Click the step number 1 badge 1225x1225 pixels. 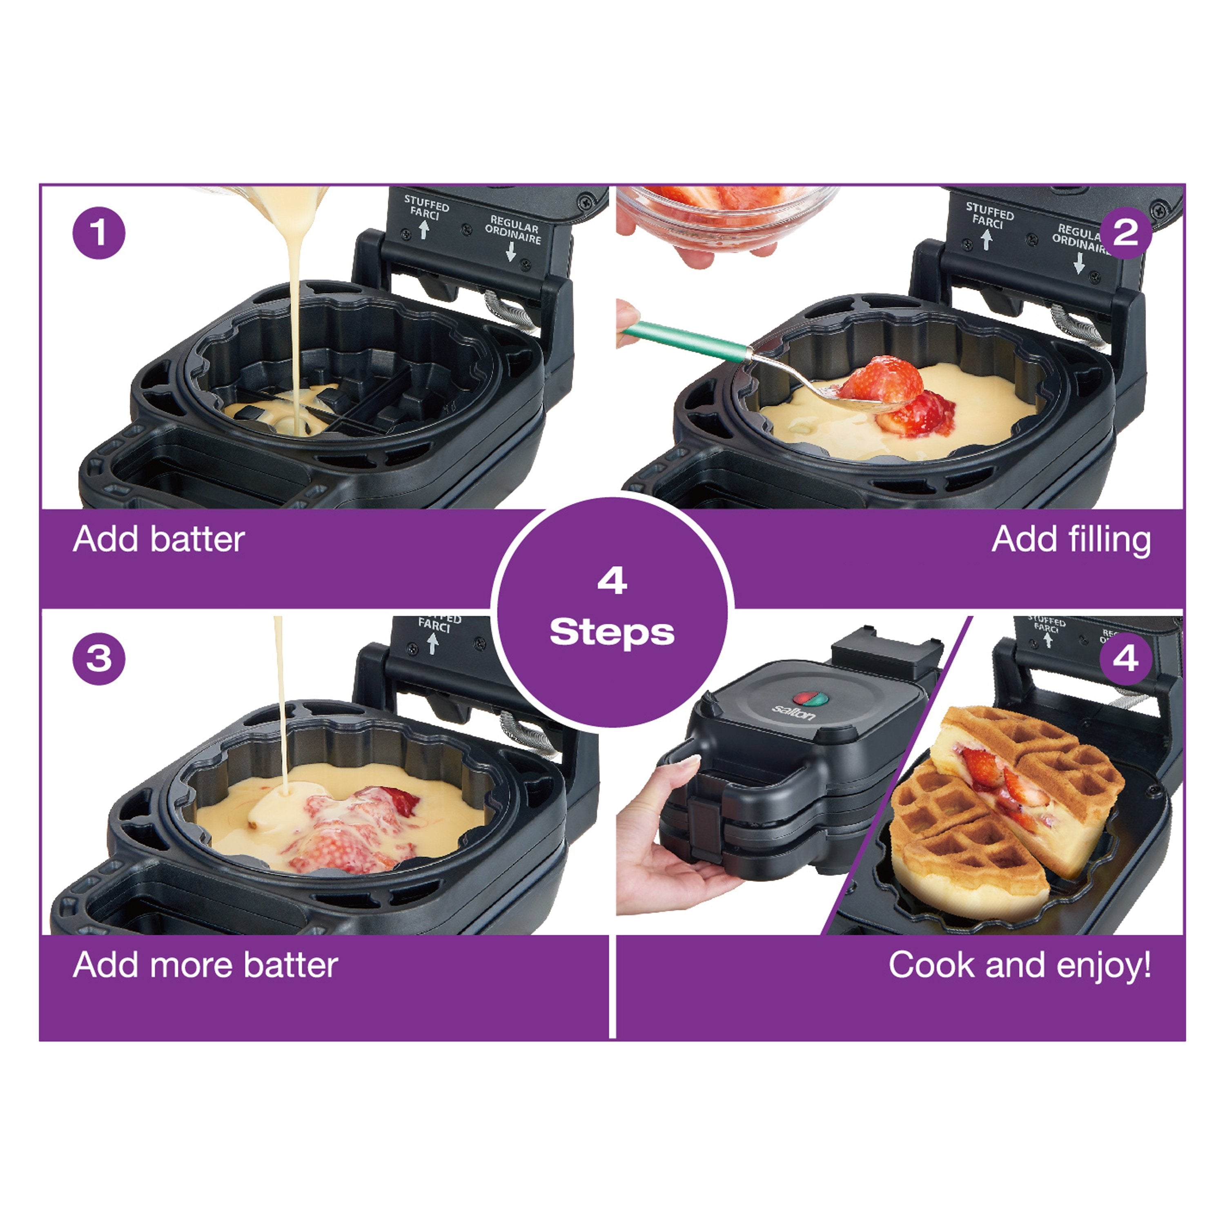coord(99,233)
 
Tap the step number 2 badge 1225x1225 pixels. coord(1125,233)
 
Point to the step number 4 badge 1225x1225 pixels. coord(1125,659)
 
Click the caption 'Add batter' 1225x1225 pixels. coord(158,539)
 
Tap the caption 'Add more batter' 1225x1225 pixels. coord(205,965)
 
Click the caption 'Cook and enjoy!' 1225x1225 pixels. coord(1020,965)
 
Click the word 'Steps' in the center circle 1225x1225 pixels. coord(612,632)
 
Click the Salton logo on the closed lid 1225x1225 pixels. coord(793,713)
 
